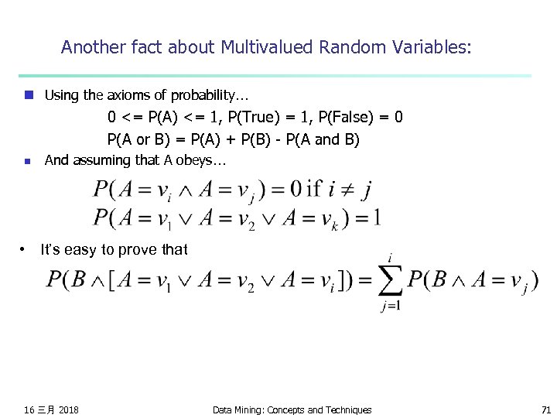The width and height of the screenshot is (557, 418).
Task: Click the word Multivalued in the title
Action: pos(266,47)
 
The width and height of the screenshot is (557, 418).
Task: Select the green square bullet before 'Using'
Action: pos(28,95)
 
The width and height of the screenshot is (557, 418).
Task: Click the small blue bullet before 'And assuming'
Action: pos(28,161)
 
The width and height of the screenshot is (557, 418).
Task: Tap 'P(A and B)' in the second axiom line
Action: pos(321,139)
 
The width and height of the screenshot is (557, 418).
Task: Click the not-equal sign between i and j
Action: pos(345,189)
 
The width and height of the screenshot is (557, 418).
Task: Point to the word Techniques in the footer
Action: pos(347,409)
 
